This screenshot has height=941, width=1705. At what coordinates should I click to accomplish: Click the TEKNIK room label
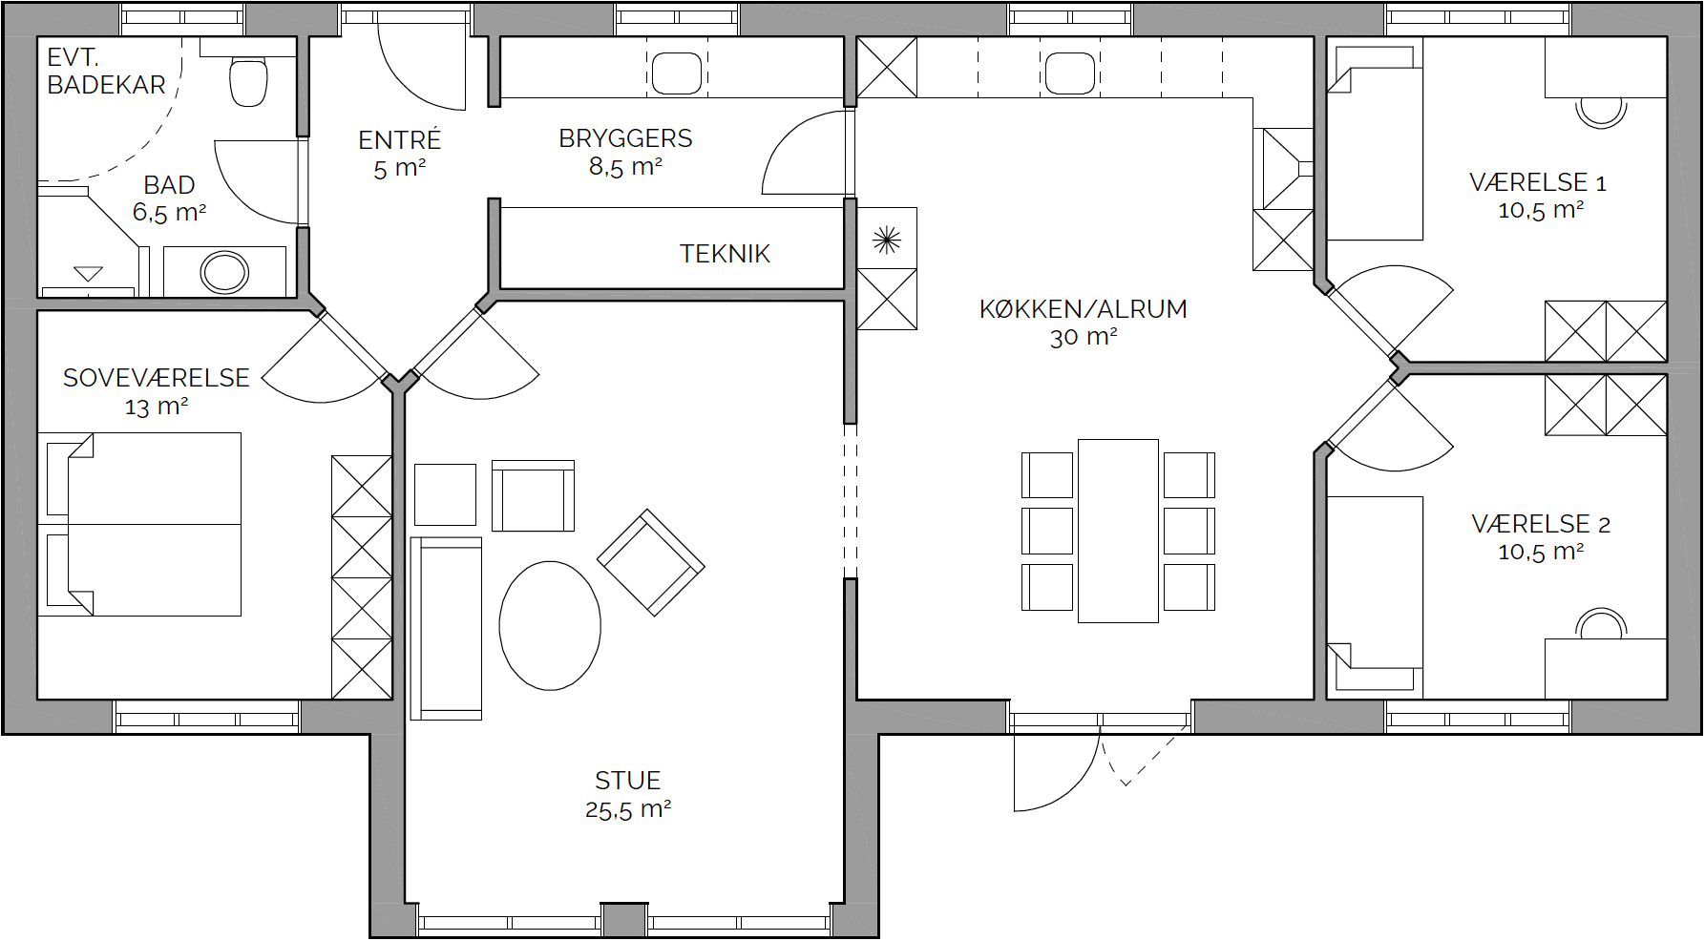pyautogui.click(x=725, y=254)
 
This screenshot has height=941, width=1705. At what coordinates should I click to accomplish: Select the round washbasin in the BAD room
pyautogui.click(x=224, y=273)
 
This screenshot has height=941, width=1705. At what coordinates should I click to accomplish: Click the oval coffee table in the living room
pyautogui.click(x=550, y=625)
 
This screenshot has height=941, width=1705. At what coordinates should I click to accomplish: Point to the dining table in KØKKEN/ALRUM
pyautogui.click(x=1118, y=531)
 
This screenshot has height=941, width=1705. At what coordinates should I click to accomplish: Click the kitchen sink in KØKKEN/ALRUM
pyautogui.click(x=1070, y=73)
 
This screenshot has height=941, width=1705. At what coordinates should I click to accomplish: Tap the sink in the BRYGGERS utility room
pyautogui.click(x=677, y=73)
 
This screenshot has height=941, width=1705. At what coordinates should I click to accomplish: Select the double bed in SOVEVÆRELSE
pyautogui.click(x=139, y=524)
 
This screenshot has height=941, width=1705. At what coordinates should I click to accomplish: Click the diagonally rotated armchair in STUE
pyautogui.click(x=651, y=562)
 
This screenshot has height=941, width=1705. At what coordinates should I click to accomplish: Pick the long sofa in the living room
pyautogui.click(x=446, y=628)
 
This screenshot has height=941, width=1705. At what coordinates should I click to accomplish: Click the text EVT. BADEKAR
pyautogui.click(x=106, y=72)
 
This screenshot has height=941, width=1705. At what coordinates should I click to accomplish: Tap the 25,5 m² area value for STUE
pyautogui.click(x=628, y=810)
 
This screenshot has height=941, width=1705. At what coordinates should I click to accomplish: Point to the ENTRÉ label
pyautogui.click(x=399, y=139)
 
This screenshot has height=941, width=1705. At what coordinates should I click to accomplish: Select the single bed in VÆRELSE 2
pyautogui.click(x=1375, y=597)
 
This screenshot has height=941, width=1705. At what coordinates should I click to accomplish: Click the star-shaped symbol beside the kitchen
pyautogui.click(x=887, y=240)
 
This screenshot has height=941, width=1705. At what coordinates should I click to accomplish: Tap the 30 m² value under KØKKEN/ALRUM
pyautogui.click(x=1084, y=337)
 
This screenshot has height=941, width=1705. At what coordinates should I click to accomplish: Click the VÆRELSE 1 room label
pyautogui.click(x=1538, y=182)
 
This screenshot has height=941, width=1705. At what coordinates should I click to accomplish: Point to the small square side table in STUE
pyautogui.click(x=445, y=494)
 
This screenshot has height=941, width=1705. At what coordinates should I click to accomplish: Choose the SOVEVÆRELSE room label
pyautogui.click(x=157, y=378)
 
